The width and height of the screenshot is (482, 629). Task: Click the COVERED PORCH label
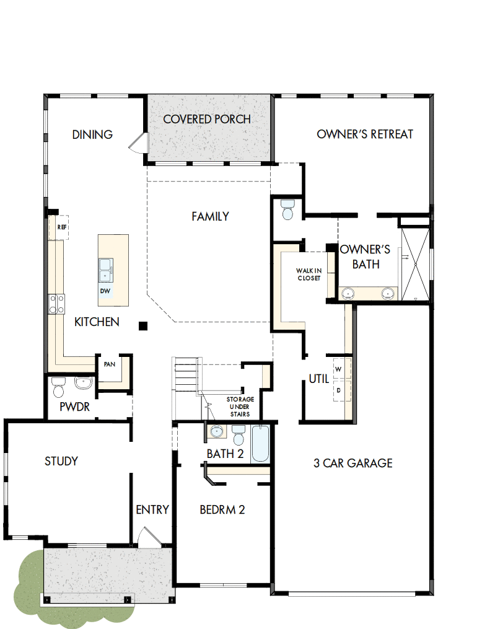tap(207, 119)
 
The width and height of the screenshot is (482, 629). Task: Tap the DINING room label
tap(92, 134)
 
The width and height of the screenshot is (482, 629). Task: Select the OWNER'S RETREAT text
tap(365, 134)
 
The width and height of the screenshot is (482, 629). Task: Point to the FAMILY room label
tap(210, 216)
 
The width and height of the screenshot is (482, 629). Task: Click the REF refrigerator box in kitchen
tap(61, 227)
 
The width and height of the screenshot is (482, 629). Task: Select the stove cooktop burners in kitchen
tap(57, 304)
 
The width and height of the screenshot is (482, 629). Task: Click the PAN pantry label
tap(110, 364)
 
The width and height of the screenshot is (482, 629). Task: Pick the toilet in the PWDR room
tap(59, 387)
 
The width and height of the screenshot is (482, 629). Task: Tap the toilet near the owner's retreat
tap(287, 210)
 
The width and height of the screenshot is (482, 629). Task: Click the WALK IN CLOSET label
tap(308, 275)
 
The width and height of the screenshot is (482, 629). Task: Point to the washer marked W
tap(338, 369)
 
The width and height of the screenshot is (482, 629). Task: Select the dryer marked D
tap(338, 390)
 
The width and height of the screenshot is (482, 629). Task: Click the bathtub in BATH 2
tap(260, 444)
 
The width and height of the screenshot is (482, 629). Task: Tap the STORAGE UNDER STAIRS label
tap(238, 407)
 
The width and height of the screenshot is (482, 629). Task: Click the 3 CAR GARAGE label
tap(353, 463)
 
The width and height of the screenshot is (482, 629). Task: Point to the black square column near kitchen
tap(144, 325)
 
